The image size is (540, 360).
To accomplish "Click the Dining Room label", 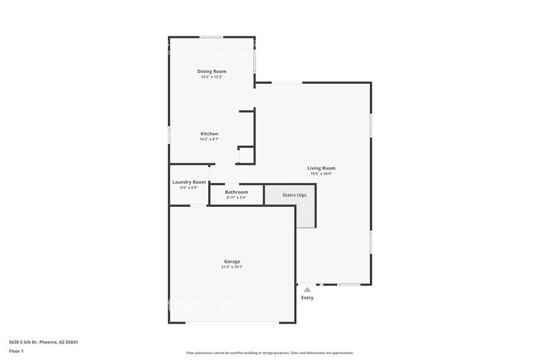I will (x=212, y=72).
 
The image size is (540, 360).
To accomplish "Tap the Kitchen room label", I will (x=209, y=134).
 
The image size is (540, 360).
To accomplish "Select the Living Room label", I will (x=321, y=168).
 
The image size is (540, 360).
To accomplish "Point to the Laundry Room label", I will (x=189, y=182).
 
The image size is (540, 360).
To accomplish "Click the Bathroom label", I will (x=236, y=192).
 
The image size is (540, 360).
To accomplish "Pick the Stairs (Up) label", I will (x=294, y=195).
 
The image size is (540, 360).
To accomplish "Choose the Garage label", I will (x=232, y=262).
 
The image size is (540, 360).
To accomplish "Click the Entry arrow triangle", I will (x=307, y=290).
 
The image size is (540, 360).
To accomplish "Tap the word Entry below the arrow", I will (x=307, y=298).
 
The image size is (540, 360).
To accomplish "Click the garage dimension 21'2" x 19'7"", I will (x=232, y=268).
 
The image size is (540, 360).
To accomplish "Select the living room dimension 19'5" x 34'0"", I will (x=321, y=174).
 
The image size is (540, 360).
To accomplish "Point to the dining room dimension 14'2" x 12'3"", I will (x=212, y=77).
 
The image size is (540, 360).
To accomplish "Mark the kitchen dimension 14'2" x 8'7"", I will (x=209, y=140).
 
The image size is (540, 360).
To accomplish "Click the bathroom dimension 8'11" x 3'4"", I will (x=236, y=198).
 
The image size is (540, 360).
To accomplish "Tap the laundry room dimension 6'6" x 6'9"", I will (x=189, y=187).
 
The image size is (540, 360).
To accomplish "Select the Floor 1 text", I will (x=17, y=351).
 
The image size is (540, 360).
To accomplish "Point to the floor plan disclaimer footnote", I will (x=270, y=353).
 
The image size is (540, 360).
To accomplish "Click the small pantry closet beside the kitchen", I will (x=246, y=156).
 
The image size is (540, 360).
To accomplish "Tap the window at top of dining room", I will (x=212, y=37).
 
